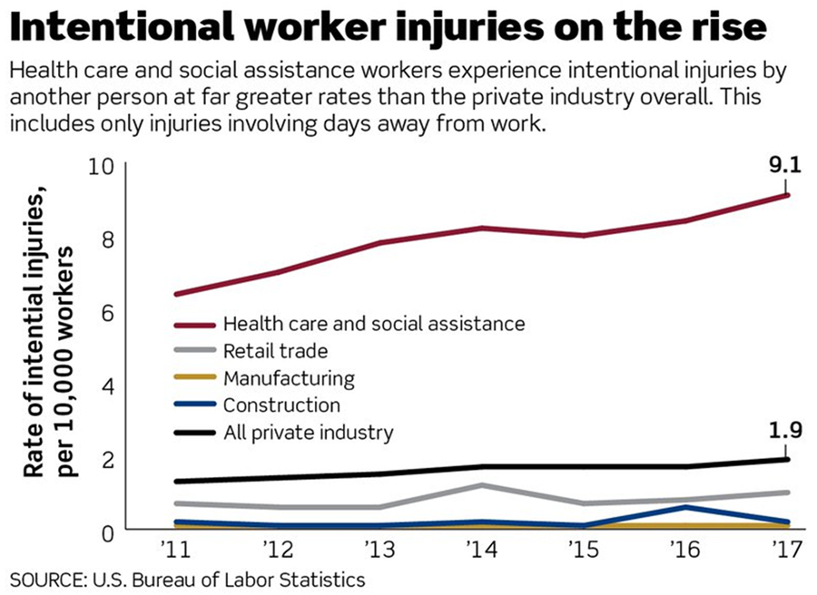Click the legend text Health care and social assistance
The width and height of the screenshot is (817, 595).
374,323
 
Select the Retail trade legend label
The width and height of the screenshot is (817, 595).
275,350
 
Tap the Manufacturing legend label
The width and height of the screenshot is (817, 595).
289,377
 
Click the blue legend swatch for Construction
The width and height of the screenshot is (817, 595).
193,405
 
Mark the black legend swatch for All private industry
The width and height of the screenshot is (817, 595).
193,433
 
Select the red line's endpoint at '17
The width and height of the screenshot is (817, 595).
786,195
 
